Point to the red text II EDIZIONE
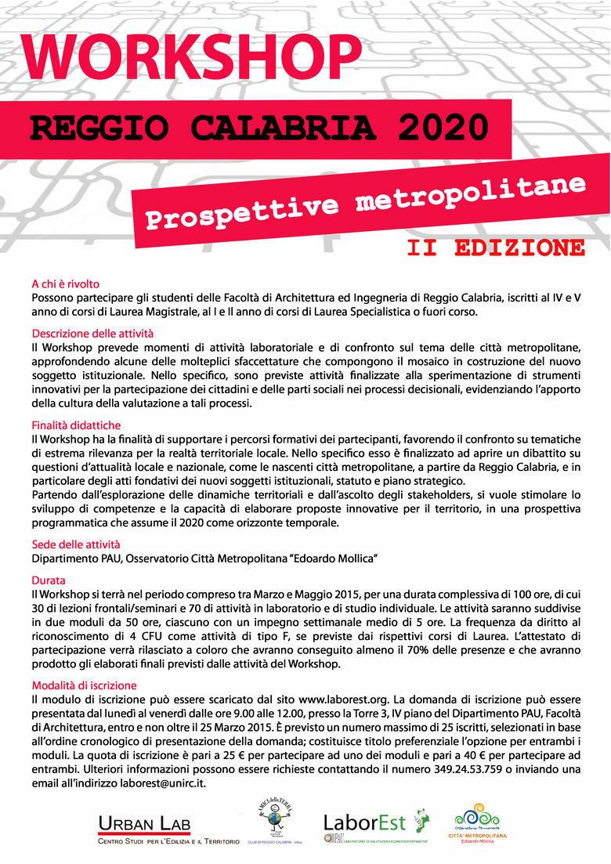click(496, 248)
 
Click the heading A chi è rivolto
click(66, 284)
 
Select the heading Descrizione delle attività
click(92, 333)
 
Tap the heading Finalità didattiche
click(76, 424)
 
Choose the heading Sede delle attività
click(76, 543)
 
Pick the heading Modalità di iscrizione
click(84, 685)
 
